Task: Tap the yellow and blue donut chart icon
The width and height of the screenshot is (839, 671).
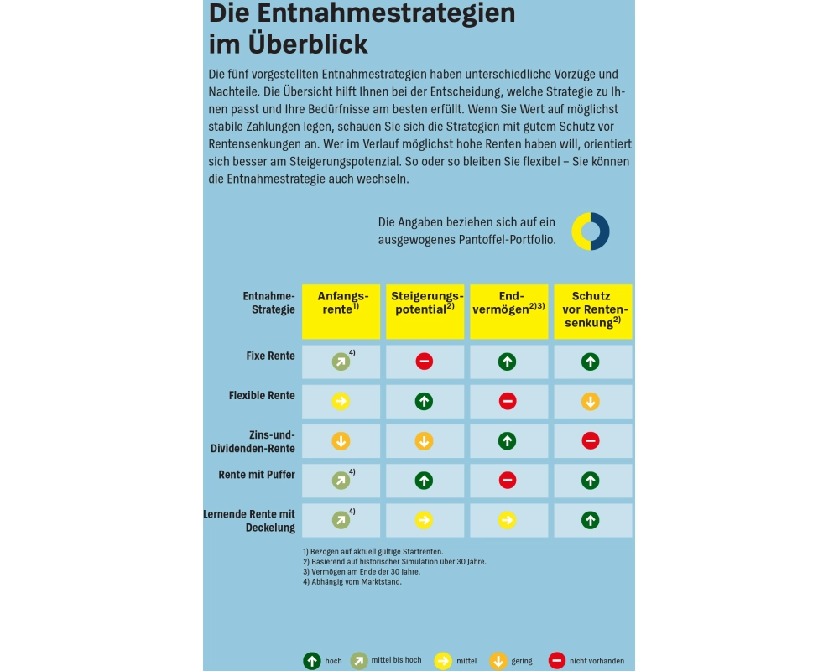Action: [x=591, y=231]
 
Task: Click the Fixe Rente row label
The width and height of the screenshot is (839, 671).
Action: [x=270, y=356]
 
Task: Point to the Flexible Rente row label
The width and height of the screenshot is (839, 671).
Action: [x=262, y=396]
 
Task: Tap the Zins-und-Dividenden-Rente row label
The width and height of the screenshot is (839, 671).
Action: [x=253, y=441]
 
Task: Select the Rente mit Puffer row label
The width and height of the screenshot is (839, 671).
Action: [x=257, y=475]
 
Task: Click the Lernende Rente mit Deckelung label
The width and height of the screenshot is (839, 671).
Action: [x=249, y=521]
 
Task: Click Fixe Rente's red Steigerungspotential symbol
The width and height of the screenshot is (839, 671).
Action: [x=425, y=362]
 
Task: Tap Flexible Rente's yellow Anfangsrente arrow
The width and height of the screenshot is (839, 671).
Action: [x=341, y=402]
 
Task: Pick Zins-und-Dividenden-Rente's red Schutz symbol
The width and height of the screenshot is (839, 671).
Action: [x=591, y=441]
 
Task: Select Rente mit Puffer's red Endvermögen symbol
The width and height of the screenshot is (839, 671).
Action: [x=508, y=481]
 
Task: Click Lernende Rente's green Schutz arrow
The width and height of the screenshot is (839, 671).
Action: [x=591, y=520]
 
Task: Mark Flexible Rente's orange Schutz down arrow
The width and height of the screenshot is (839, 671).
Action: [x=591, y=402]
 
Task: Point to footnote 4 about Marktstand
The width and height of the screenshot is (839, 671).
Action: [x=352, y=582]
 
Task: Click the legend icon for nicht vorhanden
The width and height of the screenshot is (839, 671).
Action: [x=557, y=661]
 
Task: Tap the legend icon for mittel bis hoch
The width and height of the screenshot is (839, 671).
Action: [x=359, y=661]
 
